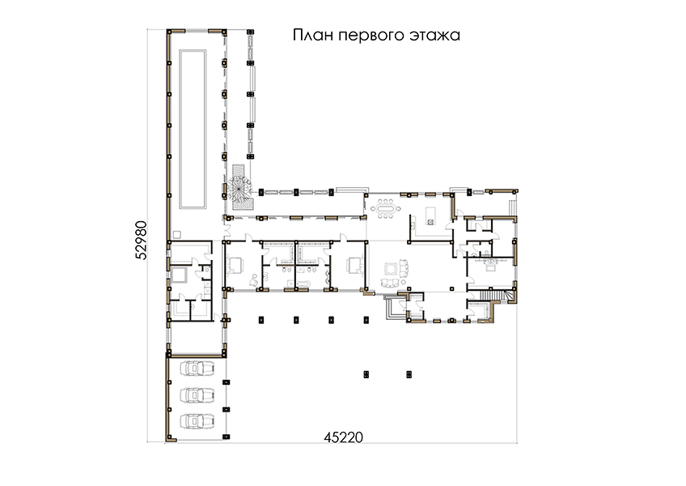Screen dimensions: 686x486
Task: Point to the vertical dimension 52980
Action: (x=142, y=240)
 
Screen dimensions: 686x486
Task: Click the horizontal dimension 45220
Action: (x=344, y=437)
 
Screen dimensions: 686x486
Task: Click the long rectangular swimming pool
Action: (x=193, y=129)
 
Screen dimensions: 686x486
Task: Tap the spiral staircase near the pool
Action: (x=239, y=188)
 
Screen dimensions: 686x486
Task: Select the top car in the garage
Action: (x=197, y=368)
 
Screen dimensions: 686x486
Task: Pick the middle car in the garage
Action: (x=197, y=394)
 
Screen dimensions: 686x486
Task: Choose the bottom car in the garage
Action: (x=197, y=421)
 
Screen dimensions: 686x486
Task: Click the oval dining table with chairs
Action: (x=386, y=207)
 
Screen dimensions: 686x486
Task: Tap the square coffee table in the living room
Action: (x=390, y=269)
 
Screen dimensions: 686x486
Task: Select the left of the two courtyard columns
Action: (x=366, y=374)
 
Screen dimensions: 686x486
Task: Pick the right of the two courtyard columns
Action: (x=409, y=374)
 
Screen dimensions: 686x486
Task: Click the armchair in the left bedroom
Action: (x=253, y=280)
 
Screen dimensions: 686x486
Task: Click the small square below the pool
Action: (x=176, y=234)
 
